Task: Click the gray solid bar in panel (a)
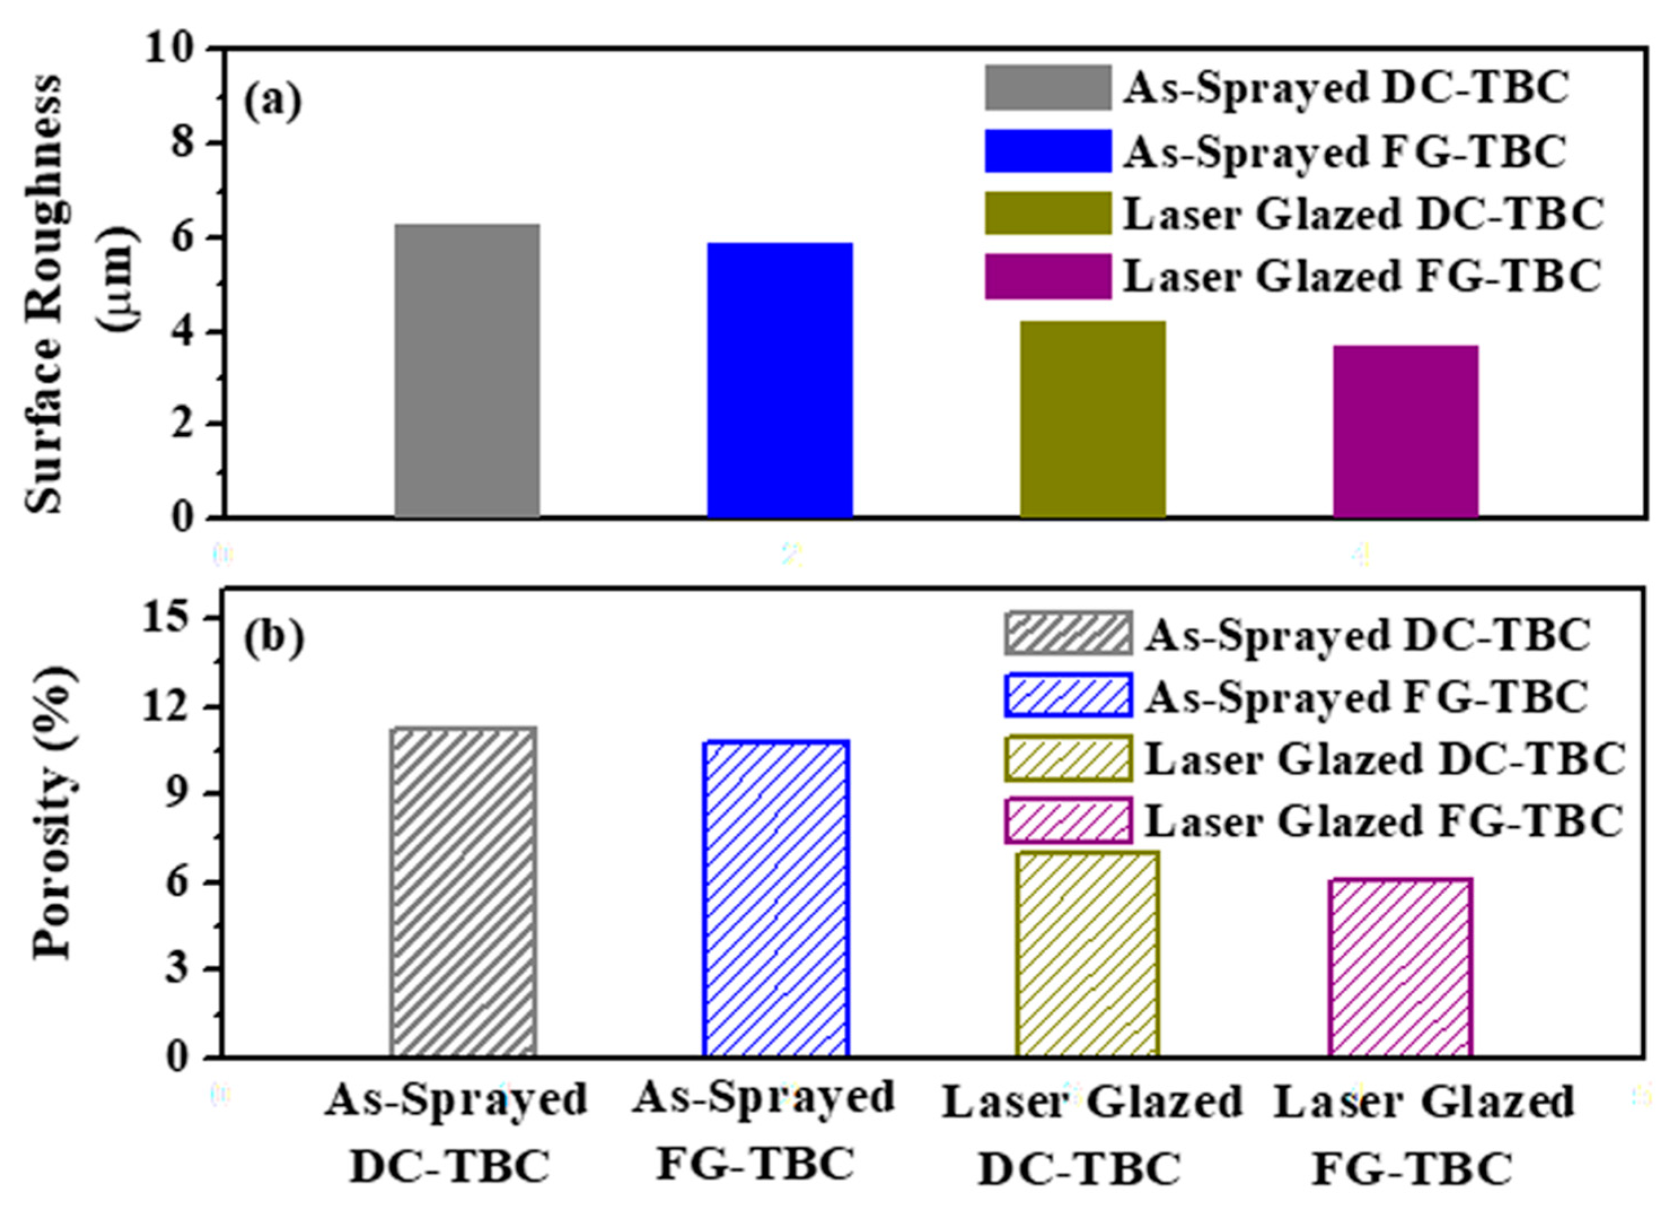467,370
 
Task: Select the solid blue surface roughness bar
780,380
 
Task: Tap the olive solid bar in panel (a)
1093,419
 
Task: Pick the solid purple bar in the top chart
1406,431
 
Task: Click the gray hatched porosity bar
463,892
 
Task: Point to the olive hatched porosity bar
1087,954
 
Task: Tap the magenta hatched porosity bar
1400,968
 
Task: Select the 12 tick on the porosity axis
178,707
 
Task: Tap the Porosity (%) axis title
53,812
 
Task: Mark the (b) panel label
274,638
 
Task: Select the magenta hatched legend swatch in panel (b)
1068,820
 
